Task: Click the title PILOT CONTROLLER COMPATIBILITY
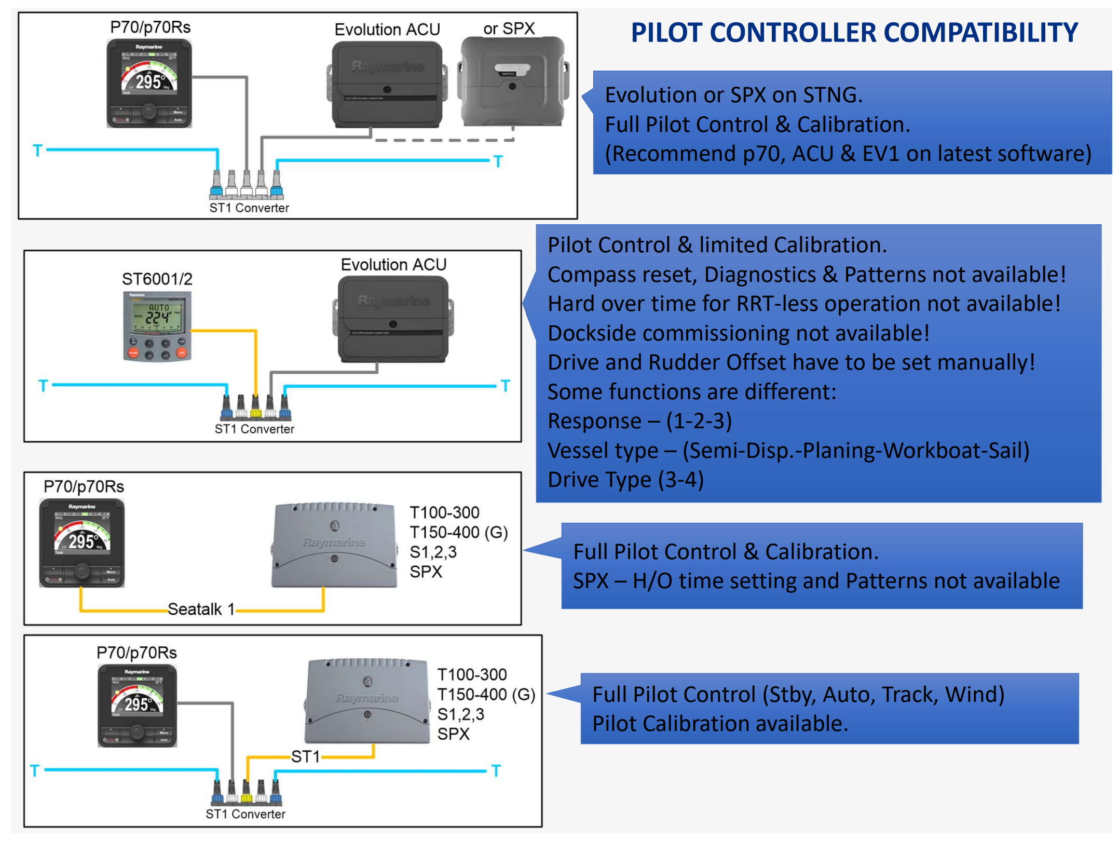(x=854, y=33)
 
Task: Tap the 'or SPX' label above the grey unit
(x=509, y=28)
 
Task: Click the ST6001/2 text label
(x=157, y=279)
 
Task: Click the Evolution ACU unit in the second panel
(x=393, y=319)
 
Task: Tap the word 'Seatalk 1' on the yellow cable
(x=201, y=609)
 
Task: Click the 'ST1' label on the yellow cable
(x=305, y=756)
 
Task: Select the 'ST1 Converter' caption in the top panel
(x=249, y=208)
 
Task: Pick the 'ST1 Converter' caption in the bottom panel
(x=245, y=814)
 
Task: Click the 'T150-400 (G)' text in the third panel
(x=458, y=532)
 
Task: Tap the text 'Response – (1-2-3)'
(x=639, y=421)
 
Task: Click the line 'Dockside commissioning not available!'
(x=738, y=333)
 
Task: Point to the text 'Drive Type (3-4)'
(x=625, y=480)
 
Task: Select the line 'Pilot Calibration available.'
(x=720, y=724)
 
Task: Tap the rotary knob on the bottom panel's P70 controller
(x=138, y=732)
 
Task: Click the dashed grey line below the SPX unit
(x=444, y=140)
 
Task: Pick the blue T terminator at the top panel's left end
(x=37, y=151)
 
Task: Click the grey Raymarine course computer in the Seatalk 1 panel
(x=334, y=545)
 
